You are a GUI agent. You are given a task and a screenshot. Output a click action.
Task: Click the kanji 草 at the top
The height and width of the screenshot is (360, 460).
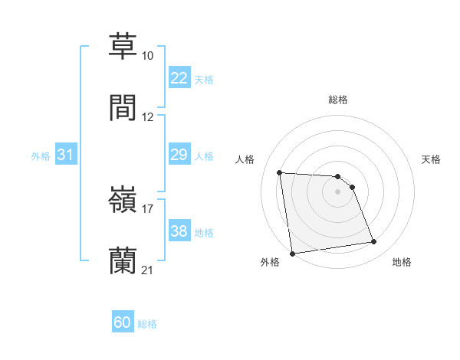tap(123, 47)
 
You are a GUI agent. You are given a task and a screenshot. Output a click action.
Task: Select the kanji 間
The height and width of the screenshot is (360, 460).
tap(123, 107)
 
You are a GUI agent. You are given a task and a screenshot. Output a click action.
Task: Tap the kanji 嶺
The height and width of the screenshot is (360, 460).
tap(123, 200)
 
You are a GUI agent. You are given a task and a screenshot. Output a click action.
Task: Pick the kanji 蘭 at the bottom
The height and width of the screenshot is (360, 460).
tap(123, 260)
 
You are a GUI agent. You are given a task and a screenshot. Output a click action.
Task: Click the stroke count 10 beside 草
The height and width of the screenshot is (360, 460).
tap(148, 57)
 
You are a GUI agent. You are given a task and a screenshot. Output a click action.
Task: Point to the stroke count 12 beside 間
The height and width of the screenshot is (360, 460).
tap(148, 117)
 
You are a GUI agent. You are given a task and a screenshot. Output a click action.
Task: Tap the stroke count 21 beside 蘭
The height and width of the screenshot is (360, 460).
tap(148, 270)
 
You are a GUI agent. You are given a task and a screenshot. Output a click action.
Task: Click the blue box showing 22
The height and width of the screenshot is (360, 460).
tap(179, 78)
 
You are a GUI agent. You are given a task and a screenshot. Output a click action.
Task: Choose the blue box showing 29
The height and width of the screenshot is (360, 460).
tap(179, 155)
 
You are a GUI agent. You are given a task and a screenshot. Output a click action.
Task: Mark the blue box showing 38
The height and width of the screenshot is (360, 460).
tap(179, 231)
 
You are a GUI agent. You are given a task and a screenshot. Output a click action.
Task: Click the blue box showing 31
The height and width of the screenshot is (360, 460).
tap(66, 155)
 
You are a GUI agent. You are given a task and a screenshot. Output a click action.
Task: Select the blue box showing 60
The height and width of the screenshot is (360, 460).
tap(123, 322)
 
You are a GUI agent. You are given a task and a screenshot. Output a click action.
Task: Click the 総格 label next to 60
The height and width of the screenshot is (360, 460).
tap(148, 324)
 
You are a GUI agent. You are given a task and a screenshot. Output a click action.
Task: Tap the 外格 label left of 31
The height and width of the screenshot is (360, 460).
tap(41, 156)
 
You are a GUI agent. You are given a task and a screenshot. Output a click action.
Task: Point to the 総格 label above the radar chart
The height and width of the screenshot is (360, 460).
tap(338, 100)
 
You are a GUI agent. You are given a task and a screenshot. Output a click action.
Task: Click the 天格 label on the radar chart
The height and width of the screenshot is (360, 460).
tap(432, 159)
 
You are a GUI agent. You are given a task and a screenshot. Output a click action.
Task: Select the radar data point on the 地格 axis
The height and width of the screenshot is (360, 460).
tap(374, 242)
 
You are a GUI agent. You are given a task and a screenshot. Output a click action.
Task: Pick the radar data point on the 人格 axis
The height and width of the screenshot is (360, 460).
tap(280, 172)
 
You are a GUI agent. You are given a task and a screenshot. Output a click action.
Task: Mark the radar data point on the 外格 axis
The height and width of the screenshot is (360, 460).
tap(292, 253)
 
